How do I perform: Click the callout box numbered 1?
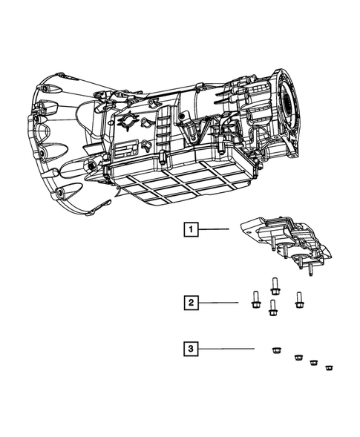tap(192, 230)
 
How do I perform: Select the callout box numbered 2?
tap(192, 302)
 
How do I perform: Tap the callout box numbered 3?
tap(192, 347)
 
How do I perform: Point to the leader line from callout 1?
tap(215, 230)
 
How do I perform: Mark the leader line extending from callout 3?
tap(226, 347)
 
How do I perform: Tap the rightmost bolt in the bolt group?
tap(299, 298)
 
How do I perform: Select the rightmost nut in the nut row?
tap(328, 367)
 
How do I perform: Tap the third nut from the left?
tap(313, 363)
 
